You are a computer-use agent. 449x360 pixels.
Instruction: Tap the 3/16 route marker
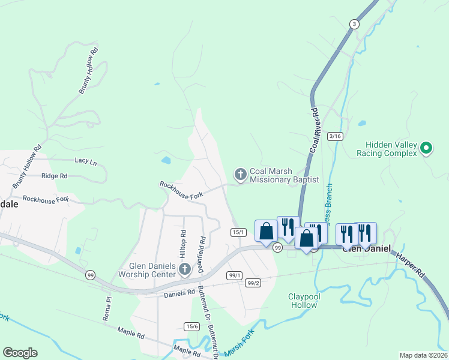point(335,137)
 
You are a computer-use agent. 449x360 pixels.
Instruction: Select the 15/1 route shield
point(238,232)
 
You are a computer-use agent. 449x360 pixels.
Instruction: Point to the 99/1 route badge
point(234,275)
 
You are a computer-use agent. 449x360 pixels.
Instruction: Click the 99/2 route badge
point(253,283)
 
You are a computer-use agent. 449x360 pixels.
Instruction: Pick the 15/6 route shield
point(191,326)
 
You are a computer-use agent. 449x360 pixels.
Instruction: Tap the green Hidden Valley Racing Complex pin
point(426,148)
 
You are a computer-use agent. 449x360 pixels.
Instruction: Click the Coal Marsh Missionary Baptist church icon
point(240,175)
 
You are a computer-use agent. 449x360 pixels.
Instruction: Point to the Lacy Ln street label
point(85,161)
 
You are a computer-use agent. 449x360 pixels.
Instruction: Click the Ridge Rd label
point(55,176)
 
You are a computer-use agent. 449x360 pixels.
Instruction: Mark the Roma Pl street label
point(107,308)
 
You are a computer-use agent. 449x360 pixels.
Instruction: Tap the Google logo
point(20,353)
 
